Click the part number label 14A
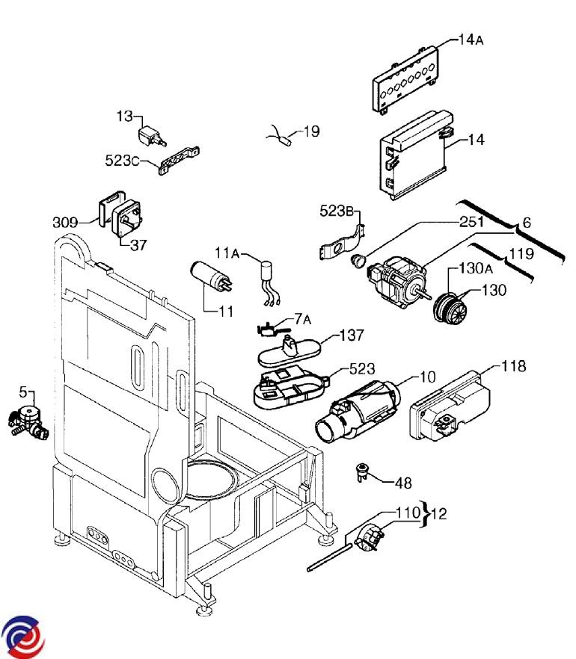coord(470,40)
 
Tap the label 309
coord(66,222)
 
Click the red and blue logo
coord(23,636)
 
